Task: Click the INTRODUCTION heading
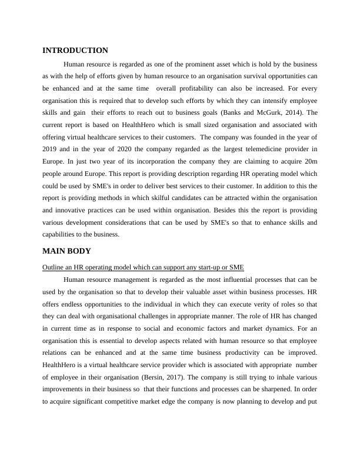pyautogui.click(x=75, y=51)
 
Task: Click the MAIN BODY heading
pyautogui.click(x=66, y=251)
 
